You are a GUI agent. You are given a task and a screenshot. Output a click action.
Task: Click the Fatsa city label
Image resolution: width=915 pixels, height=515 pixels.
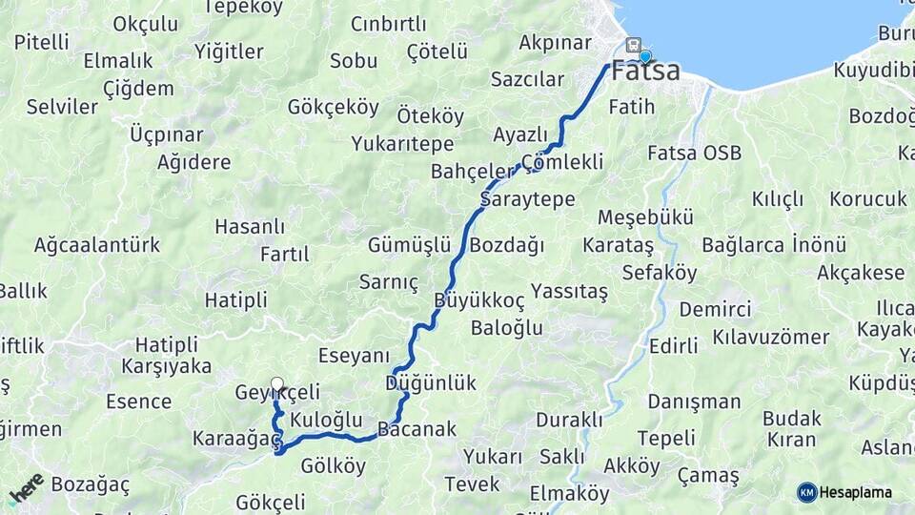[646, 72]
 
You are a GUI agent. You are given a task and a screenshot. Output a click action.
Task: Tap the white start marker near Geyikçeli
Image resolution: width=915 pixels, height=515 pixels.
[276, 384]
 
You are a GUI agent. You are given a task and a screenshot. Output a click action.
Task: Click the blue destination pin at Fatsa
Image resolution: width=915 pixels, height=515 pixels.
[645, 56]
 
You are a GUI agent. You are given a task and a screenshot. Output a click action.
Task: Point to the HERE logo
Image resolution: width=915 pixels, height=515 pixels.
[27, 488]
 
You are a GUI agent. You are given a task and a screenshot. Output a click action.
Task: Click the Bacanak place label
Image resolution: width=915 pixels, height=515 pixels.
[417, 429]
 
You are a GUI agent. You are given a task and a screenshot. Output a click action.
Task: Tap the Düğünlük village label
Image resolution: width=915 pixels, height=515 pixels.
[431, 383]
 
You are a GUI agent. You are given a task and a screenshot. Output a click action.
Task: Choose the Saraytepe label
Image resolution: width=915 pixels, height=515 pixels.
[527, 199]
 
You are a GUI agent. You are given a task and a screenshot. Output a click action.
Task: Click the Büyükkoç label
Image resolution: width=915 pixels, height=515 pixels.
[479, 300]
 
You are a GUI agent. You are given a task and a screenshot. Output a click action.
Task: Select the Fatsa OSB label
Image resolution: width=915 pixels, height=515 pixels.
[694, 153]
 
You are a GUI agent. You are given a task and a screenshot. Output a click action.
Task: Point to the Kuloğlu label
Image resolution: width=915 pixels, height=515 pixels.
[326, 420]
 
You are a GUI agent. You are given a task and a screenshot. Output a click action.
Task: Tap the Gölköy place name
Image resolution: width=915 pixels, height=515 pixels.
[333, 465]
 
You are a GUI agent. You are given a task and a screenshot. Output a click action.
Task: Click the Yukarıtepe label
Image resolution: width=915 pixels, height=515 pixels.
[402, 144]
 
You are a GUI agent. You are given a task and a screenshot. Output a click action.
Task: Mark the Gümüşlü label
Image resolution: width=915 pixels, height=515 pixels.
[410, 245]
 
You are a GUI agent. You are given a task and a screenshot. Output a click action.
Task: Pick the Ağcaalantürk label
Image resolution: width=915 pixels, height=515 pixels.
[97, 245]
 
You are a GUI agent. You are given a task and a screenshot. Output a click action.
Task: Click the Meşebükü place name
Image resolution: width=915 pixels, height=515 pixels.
[645, 217]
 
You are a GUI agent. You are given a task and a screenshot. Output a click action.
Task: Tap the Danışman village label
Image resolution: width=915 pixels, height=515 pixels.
[694, 402]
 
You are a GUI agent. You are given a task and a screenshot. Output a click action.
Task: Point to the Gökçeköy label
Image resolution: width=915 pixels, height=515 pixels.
[334, 107]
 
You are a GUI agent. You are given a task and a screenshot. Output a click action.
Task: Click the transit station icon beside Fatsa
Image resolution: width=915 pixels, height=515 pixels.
[633, 45]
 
